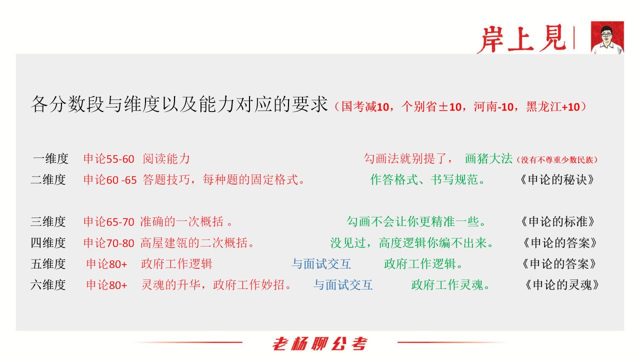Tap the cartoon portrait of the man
(x=607, y=37)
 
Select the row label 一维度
(x=50, y=159)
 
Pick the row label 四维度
(x=48, y=243)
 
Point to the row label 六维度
(x=48, y=285)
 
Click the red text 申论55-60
(x=109, y=159)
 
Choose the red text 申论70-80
(x=109, y=243)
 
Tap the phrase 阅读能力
(x=166, y=159)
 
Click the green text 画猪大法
(x=488, y=159)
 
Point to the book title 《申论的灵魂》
(x=562, y=285)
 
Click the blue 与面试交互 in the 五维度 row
(x=321, y=264)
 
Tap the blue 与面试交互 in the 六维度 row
(x=343, y=285)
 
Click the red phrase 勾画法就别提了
(x=408, y=159)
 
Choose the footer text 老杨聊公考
(x=319, y=344)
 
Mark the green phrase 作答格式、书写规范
(x=427, y=180)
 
